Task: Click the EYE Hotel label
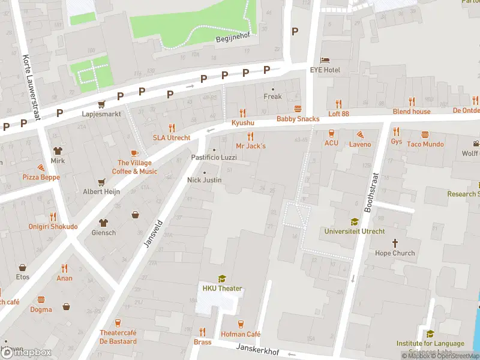click(x=325, y=70)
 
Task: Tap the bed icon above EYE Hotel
click(x=325, y=61)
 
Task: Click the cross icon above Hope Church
click(x=395, y=243)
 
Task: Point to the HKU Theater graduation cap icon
click(x=222, y=278)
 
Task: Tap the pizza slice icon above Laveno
click(x=360, y=134)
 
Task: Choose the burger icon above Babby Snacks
click(x=298, y=109)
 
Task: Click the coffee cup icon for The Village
click(x=134, y=153)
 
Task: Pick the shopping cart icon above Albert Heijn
click(x=101, y=181)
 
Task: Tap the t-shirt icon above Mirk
click(x=58, y=151)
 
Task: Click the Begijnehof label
click(x=232, y=40)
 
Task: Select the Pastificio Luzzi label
click(x=214, y=157)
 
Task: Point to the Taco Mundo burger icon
click(x=425, y=134)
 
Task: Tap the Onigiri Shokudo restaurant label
click(x=53, y=226)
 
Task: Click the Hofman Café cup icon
click(x=240, y=324)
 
